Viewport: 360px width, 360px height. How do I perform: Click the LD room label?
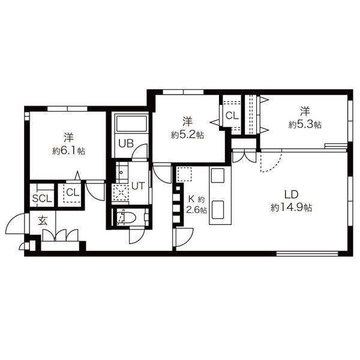[291, 194]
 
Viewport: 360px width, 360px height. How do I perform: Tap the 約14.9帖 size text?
[291, 208]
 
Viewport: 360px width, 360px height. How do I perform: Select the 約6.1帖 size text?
[68, 151]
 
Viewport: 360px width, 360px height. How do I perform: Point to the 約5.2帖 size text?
[187, 135]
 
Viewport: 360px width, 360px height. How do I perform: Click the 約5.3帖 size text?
[305, 125]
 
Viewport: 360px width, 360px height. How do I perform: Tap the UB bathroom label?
[126, 143]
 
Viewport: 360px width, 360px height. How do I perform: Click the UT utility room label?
[138, 186]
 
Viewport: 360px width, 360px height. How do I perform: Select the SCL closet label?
[42, 199]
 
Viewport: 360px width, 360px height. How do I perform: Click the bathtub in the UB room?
[131, 124]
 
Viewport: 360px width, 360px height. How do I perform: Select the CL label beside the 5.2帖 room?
[232, 116]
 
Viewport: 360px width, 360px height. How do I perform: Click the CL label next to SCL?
[73, 193]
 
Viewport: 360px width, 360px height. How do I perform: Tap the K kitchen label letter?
[191, 199]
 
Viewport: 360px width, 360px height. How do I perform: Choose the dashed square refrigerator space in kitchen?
[184, 174]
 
